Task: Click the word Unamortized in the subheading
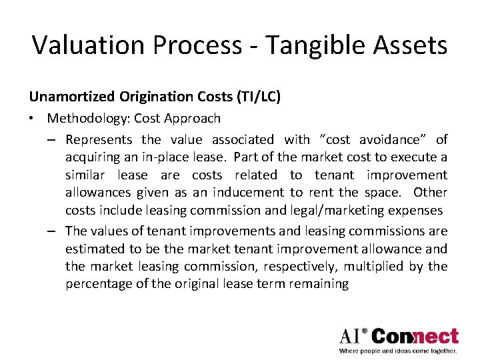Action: click(64, 97)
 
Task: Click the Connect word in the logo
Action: click(415, 336)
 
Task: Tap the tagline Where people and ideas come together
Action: click(398, 351)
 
